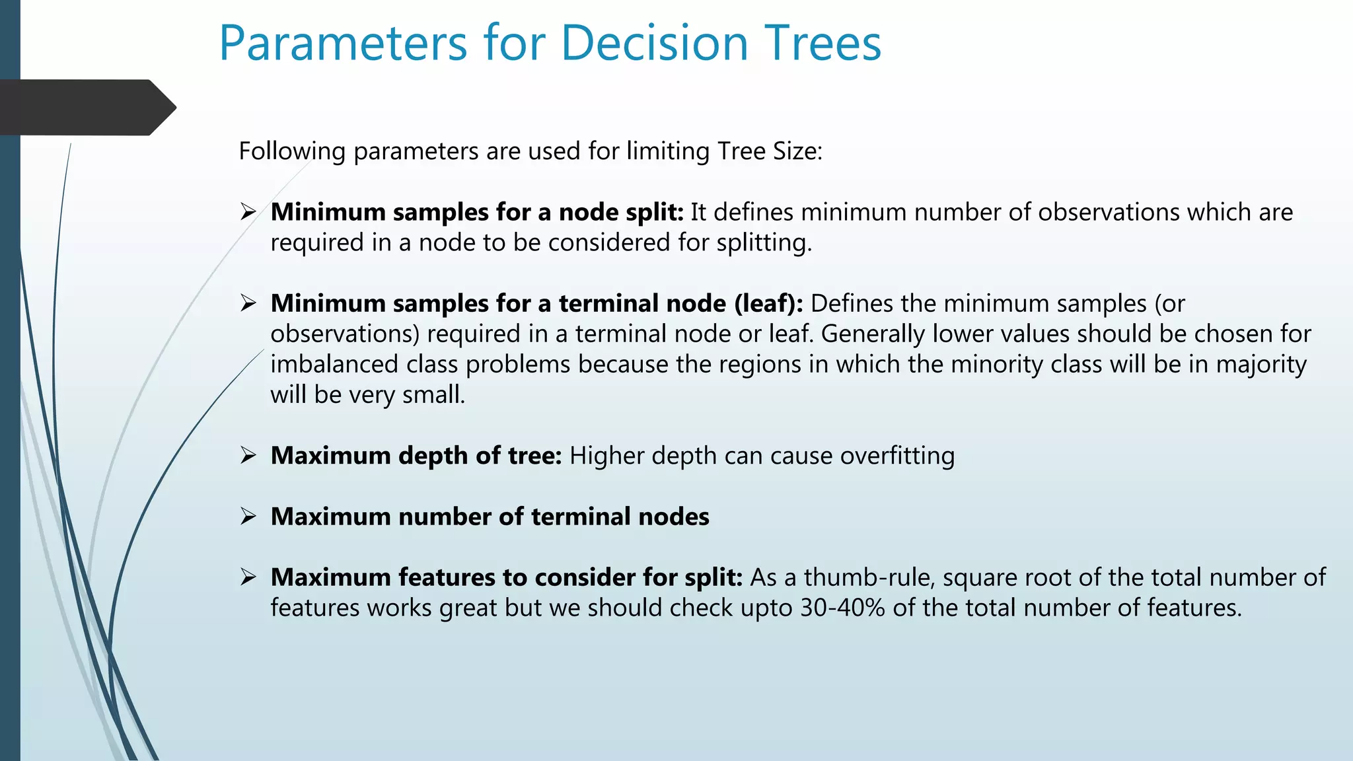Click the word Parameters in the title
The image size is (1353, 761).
(343, 44)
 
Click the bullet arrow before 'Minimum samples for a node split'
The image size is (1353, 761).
(248, 212)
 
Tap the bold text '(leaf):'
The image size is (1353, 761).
(768, 304)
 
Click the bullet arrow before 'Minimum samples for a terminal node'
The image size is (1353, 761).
(248, 303)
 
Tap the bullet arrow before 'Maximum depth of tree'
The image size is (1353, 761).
(248, 455)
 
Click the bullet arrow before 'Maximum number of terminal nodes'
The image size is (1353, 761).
(248, 516)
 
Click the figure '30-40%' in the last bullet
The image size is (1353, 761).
(842, 608)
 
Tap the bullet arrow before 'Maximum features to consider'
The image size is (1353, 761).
(248, 577)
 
